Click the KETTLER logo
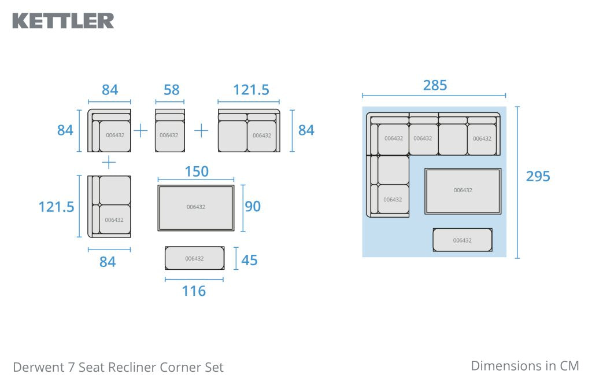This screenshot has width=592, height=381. click(x=63, y=21)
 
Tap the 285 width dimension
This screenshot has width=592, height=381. click(x=435, y=86)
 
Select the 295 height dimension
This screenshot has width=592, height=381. click(x=538, y=177)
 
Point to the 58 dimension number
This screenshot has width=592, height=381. click(x=171, y=90)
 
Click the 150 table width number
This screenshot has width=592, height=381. click(x=197, y=171)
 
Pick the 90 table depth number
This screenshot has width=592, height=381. click(x=253, y=206)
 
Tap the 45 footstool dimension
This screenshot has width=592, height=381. click(x=249, y=260)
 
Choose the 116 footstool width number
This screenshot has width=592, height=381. click(x=194, y=291)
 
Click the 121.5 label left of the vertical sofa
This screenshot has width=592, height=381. click(x=56, y=207)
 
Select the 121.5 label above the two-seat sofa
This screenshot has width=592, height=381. click(x=251, y=90)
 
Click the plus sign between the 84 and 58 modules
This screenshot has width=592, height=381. click(x=140, y=131)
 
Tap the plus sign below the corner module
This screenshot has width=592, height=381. click(x=109, y=163)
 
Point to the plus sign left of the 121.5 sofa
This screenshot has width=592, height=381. click(x=201, y=131)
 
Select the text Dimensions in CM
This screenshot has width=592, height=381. click(x=525, y=365)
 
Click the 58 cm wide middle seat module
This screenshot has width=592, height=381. click(x=170, y=130)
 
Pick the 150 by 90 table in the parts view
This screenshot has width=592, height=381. click(x=196, y=208)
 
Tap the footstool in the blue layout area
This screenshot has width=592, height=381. click(x=462, y=240)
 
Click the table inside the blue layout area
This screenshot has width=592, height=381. click(x=463, y=191)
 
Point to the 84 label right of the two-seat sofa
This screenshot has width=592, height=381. click(x=306, y=130)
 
